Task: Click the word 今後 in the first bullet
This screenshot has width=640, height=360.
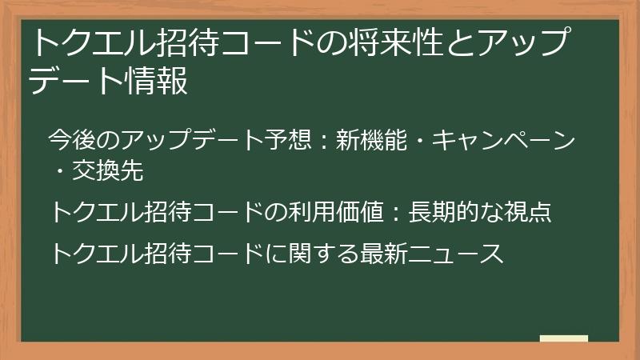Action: (x=71, y=139)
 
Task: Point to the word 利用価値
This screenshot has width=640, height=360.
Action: (x=343, y=212)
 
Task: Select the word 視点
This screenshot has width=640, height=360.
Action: (x=529, y=212)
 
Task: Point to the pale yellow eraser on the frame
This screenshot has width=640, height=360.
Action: (x=565, y=339)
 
